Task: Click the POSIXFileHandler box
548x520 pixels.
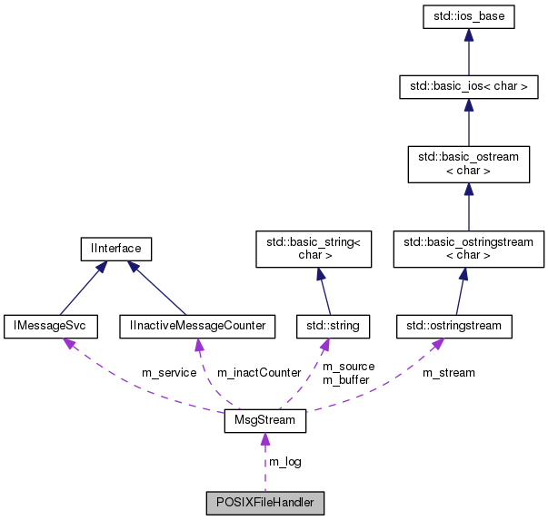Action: pos(264,502)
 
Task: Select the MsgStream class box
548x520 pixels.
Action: pos(264,422)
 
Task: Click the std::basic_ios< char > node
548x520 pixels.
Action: pos(468,87)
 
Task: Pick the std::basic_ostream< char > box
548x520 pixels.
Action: pos(468,163)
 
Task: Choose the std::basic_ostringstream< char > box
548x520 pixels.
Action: pos(468,249)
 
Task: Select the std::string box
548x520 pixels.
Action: pos(333,325)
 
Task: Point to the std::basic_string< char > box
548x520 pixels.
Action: pos(314,249)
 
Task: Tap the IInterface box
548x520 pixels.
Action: pos(115,247)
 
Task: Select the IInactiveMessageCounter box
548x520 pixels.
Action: pos(197,325)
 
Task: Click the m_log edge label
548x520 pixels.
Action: pos(284,462)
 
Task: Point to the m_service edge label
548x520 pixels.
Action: pos(169,373)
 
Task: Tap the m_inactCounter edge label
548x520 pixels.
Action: pos(258,373)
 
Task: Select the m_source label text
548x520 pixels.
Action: pos(348,367)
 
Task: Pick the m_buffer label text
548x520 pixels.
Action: pos(346,379)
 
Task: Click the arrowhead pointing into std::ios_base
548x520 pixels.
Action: pos(468,34)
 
